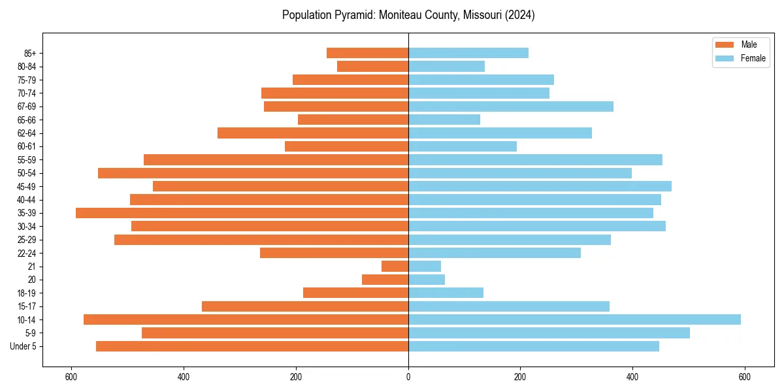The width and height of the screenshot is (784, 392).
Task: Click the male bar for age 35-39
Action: pyautogui.click(x=242, y=213)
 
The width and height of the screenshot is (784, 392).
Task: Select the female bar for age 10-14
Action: pyautogui.click(x=574, y=319)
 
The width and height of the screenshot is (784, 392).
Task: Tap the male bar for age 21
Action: pyautogui.click(x=395, y=267)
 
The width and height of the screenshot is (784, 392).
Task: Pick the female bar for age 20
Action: pyautogui.click(x=427, y=280)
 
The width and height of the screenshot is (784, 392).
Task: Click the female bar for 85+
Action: pyautogui.click(x=468, y=53)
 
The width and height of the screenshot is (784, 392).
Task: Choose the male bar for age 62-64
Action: pyautogui.click(x=313, y=133)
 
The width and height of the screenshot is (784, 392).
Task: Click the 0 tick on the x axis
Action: pyautogui.click(x=408, y=377)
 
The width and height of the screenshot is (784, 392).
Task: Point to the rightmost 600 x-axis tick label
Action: pyautogui.click(x=744, y=377)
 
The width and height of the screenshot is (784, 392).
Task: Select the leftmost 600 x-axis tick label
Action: pyautogui.click(x=71, y=377)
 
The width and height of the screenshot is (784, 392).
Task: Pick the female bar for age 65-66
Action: pyautogui.click(x=444, y=120)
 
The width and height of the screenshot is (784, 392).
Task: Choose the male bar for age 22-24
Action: pyautogui.click(x=334, y=253)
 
